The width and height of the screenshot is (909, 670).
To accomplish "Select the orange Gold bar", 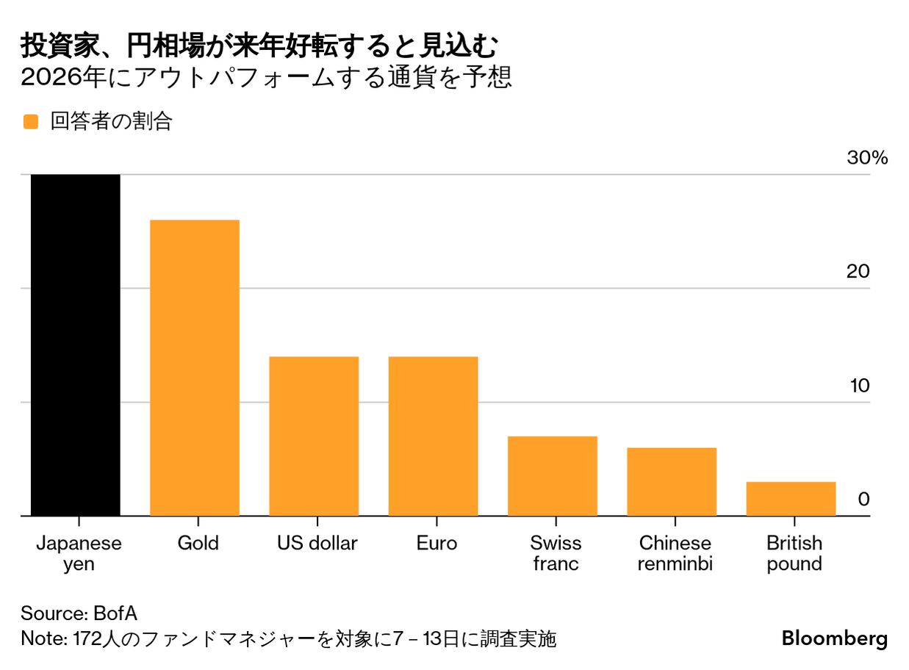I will [x=195, y=368].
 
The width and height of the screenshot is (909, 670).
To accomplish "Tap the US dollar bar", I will [x=314, y=436].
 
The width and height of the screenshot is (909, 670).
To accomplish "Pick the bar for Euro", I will [x=433, y=436].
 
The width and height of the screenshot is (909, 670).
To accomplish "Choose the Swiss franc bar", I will [x=553, y=476].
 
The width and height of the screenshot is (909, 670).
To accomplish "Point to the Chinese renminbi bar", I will [x=672, y=482].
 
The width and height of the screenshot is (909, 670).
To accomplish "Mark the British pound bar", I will [x=791, y=499].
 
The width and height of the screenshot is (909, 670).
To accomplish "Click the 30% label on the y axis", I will [x=868, y=158].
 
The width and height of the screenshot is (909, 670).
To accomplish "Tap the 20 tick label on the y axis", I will [x=858, y=272].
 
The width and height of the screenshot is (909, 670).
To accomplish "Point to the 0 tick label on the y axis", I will [x=863, y=500].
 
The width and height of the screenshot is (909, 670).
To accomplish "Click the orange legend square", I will [x=31, y=122].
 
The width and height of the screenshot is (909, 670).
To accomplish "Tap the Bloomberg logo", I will [x=834, y=638].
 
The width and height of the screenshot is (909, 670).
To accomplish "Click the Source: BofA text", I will [x=79, y=613].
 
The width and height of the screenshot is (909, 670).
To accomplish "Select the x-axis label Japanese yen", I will [x=79, y=553].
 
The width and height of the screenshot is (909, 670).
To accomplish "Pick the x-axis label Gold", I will [x=198, y=544].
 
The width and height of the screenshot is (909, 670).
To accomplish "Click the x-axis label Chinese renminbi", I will [x=675, y=553].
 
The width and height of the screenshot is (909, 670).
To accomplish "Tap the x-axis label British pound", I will [x=794, y=553].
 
